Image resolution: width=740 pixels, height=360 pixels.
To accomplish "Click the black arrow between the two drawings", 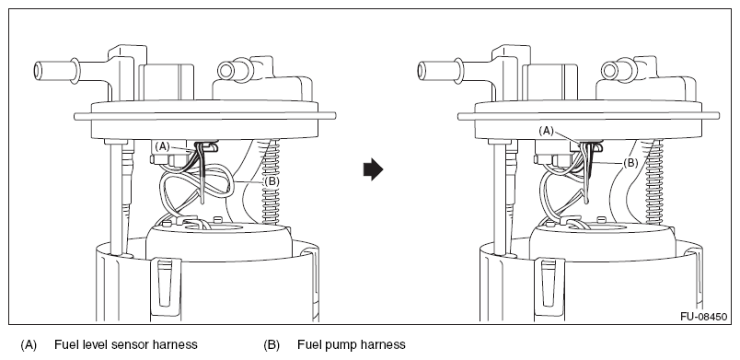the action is [373, 169].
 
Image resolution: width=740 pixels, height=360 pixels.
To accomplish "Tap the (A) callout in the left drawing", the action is [162, 146].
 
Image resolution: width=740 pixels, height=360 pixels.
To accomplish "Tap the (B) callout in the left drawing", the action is [272, 181].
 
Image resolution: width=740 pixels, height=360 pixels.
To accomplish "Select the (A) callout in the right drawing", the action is [546, 131].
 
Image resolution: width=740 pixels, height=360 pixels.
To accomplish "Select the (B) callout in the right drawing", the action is [630, 163].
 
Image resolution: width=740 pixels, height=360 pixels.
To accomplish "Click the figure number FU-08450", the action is [704, 317].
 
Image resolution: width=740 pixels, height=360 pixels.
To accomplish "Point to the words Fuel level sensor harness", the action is [125, 345].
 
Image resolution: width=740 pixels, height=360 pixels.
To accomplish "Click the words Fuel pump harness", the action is [351, 345].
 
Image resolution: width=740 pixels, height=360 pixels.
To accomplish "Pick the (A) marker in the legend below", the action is [29, 345].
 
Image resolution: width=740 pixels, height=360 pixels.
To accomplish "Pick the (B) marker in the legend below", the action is [272, 345].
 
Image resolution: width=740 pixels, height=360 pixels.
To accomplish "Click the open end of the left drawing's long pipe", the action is [38, 71].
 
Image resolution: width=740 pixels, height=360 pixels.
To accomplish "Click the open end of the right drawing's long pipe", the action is [422, 71].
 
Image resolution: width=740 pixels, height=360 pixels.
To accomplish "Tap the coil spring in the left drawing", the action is [271, 181].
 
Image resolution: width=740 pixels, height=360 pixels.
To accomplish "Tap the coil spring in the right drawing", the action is [655, 181].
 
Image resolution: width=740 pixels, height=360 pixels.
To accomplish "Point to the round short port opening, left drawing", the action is [226, 71].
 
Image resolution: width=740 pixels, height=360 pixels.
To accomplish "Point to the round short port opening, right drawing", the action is [609, 71].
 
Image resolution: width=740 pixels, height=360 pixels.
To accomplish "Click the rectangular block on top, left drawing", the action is [167, 82].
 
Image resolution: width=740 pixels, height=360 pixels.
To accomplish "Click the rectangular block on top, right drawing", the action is [550, 82].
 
